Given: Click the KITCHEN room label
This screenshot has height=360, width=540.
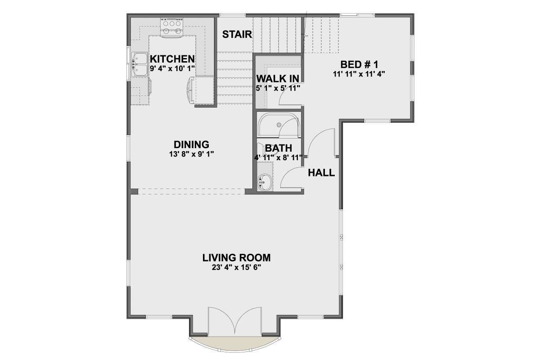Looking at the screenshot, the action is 172,59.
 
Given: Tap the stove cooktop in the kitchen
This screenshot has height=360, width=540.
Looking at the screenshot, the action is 172,28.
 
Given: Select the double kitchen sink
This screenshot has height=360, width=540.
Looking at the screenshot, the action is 139,65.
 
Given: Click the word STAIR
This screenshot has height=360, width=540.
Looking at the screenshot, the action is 237,35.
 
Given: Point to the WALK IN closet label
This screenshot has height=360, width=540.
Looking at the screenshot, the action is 278,79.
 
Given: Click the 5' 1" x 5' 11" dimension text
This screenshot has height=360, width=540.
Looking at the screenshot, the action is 278,88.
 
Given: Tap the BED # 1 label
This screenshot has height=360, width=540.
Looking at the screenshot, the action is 359,65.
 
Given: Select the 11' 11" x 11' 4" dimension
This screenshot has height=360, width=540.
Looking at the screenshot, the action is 359,74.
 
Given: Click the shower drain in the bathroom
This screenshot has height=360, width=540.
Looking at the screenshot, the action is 279,125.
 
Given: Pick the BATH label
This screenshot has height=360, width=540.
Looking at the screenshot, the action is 279,148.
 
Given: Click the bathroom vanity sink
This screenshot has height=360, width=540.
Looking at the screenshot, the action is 265,182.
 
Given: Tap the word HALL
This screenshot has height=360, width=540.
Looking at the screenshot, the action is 321,173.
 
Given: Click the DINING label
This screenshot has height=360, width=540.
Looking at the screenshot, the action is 191,144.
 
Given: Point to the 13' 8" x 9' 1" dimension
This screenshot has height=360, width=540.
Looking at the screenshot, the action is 191,154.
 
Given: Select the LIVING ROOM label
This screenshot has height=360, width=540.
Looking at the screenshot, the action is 237,258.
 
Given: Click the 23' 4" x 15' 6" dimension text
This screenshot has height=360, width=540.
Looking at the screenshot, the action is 237,268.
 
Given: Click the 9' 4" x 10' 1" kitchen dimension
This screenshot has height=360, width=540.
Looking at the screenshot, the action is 172,68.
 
